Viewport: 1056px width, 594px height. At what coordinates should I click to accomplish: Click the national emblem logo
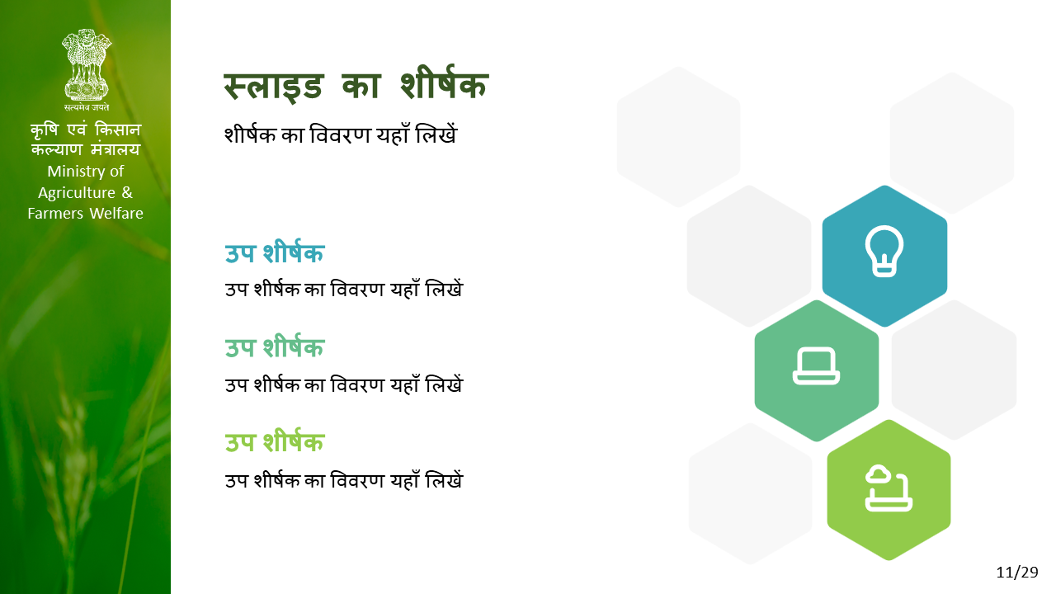coord(87,65)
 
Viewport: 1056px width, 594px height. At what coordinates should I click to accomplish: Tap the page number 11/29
coord(1017,573)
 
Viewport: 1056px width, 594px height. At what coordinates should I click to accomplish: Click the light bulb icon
coord(884,252)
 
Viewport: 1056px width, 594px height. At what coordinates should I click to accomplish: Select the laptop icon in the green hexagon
coord(816,366)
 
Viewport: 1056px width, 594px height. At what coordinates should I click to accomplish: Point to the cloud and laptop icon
coord(889,488)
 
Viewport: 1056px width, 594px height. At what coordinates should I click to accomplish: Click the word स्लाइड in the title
coord(273,87)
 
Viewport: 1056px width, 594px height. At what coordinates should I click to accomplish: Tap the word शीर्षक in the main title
coord(444,84)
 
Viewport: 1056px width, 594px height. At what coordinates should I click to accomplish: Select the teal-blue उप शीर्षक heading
coord(275,253)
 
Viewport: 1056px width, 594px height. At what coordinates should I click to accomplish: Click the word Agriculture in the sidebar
coord(77,193)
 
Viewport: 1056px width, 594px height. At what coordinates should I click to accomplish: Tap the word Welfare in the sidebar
coord(116,214)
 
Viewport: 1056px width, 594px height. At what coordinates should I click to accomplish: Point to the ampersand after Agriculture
coord(127,192)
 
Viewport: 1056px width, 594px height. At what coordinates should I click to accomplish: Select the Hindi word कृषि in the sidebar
coord(45,130)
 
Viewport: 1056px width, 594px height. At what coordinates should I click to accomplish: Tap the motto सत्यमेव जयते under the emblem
coord(87,107)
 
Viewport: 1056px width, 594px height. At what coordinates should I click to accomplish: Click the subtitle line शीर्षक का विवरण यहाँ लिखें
coord(341,134)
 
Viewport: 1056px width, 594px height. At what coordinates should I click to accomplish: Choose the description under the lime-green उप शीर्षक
coord(344,481)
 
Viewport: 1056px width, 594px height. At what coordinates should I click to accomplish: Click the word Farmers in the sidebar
coord(55,214)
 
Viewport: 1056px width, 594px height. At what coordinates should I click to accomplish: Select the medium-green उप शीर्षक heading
coord(275,348)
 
